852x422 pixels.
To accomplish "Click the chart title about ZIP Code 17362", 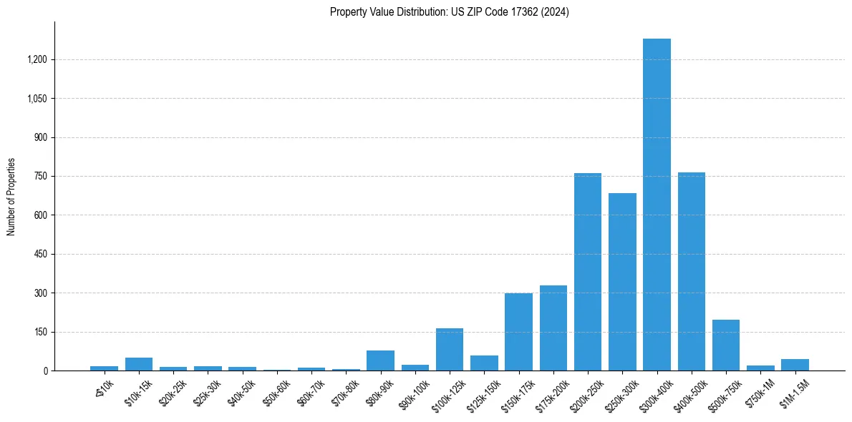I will tap(449, 12).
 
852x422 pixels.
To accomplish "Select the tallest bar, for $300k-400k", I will tap(657, 205).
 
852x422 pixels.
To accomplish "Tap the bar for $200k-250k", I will tap(588, 272).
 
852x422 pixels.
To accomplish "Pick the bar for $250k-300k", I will tap(622, 282).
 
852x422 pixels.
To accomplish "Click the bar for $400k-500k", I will tap(692, 272).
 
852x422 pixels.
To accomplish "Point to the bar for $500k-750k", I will tap(726, 345).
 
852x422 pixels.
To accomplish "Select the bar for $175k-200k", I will tap(553, 328).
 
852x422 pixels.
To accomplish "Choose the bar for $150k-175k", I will tap(518, 332).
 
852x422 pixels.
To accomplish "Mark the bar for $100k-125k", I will tap(450, 350).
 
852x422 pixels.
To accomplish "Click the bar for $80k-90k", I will tap(380, 360).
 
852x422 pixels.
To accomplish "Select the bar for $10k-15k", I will tap(139, 364).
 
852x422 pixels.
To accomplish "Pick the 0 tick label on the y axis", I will tap(46, 371).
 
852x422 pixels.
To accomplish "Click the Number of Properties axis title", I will tap(11, 197).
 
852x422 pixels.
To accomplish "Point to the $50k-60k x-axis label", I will tap(275, 392).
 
